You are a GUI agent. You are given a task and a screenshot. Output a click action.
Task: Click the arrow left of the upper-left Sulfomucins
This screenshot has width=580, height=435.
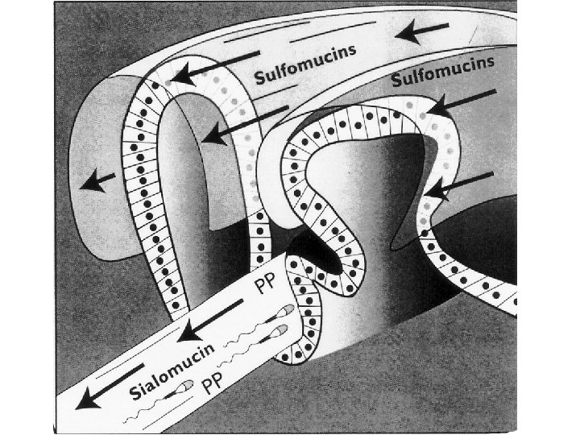(207, 72)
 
